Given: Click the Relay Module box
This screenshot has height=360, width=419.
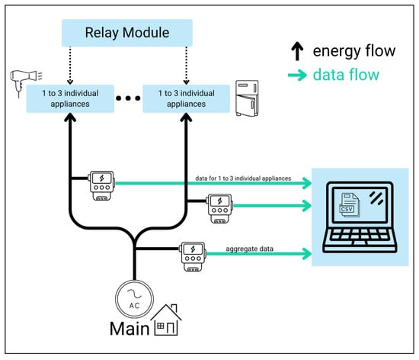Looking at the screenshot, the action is click(x=127, y=33).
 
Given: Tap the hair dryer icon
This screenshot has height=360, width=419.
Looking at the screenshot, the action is click(x=26, y=82).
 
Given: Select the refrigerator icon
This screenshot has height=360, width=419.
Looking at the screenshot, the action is click(x=247, y=98).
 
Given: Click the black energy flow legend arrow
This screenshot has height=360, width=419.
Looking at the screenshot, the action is click(x=297, y=51).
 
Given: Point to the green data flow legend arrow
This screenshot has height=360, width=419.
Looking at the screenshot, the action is click(x=297, y=76).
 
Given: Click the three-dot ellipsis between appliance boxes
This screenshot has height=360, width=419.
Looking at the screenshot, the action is click(x=128, y=98).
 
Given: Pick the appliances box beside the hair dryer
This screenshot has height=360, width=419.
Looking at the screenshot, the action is click(x=70, y=98).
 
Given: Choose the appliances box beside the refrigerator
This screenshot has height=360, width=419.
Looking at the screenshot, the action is click(x=186, y=98).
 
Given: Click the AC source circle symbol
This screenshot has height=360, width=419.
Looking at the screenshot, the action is click(x=134, y=299).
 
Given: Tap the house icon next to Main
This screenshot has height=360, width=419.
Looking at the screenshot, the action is click(x=166, y=320).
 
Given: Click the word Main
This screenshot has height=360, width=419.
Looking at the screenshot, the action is click(x=130, y=329).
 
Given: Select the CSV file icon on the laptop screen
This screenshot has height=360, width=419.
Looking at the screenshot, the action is click(x=349, y=205).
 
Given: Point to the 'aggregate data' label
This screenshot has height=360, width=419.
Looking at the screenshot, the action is click(x=250, y=249).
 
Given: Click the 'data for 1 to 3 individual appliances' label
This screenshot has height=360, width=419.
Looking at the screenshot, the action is click(x=243, y=178).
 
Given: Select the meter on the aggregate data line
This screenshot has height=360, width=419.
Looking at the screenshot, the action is click(x=193, y=257).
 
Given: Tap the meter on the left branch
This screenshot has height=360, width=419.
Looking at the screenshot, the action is click(x=101, y=185).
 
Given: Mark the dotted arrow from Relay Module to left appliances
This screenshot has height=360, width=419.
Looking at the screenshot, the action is click(x=70, y=66).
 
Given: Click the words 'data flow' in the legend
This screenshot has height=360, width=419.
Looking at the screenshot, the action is click(x=346, y=75).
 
